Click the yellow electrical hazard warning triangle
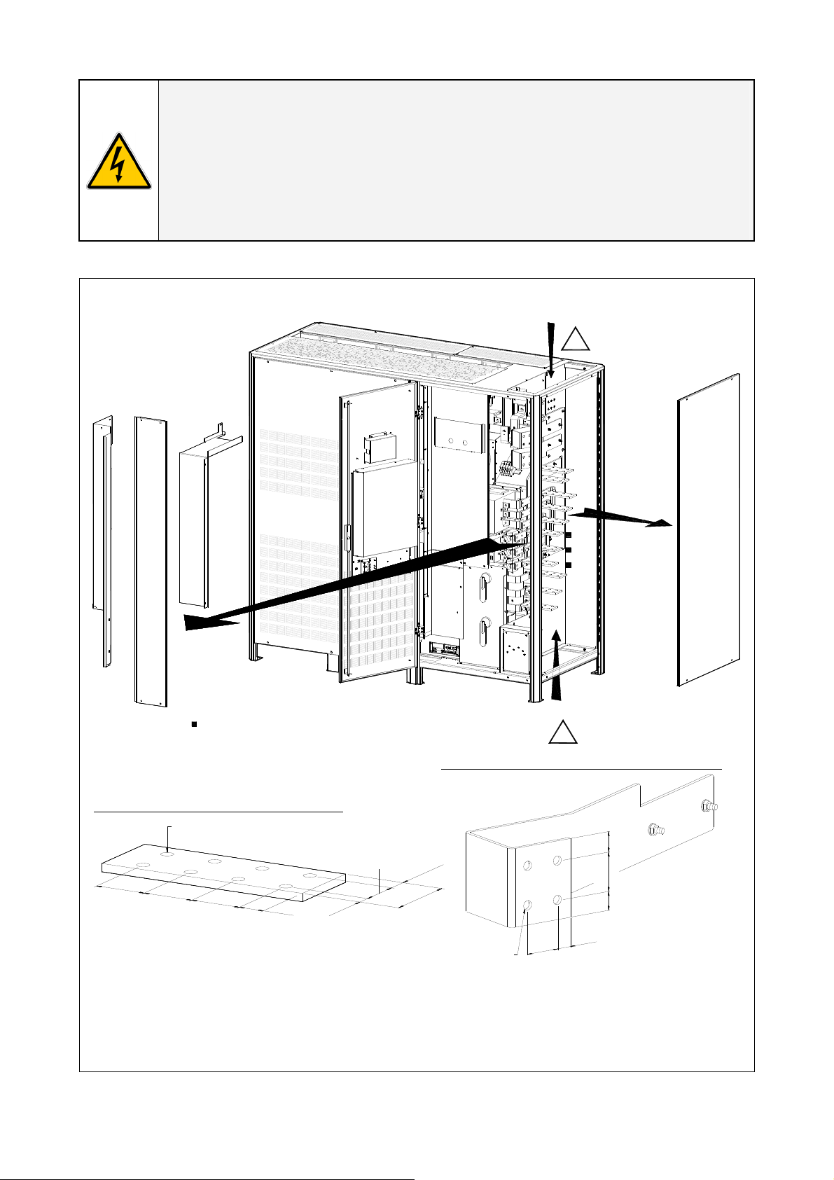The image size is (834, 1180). click(118, 162)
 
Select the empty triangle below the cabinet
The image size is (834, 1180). click(564, 732)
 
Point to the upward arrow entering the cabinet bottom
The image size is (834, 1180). click(557, 665)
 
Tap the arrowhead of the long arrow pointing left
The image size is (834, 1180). click(203, 621)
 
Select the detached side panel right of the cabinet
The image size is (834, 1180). click(709, 530)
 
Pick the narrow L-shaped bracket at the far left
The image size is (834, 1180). click(102, 539)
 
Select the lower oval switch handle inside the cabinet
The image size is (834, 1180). click(484, 632)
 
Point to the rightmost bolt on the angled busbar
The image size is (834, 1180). click(709, 806)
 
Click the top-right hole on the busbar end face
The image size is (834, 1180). click(558, 860)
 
